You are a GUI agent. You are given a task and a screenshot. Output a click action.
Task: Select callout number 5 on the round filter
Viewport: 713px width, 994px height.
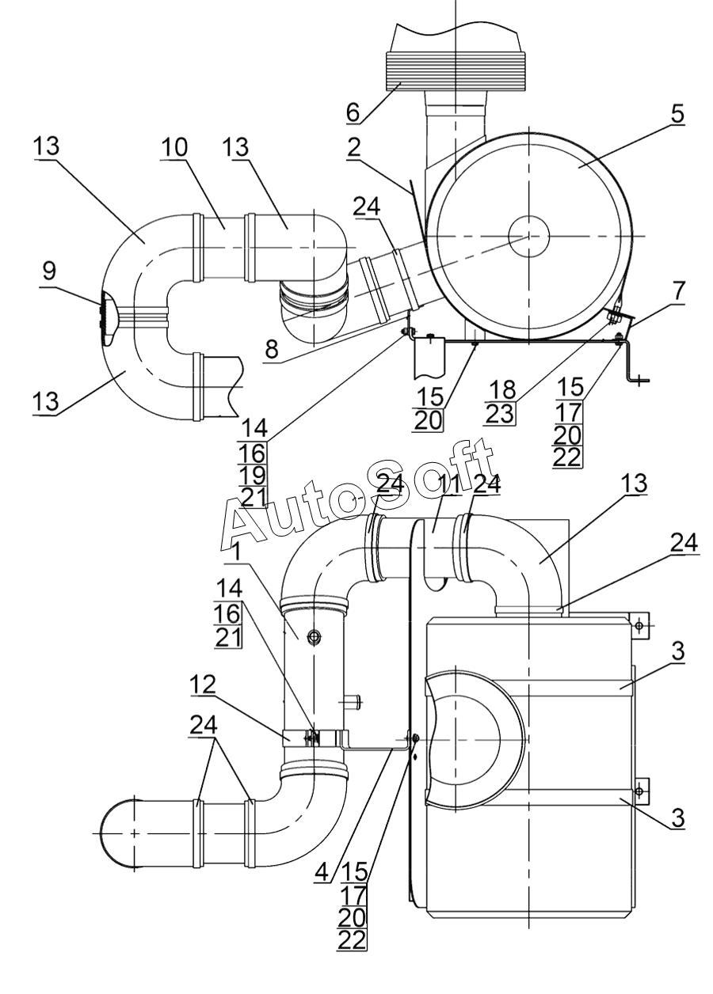[677, 114]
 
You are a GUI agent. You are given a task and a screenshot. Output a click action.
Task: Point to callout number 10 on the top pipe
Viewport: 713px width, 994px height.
[174, 147]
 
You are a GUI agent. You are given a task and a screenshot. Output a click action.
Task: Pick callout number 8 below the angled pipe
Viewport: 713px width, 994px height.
[271, 349]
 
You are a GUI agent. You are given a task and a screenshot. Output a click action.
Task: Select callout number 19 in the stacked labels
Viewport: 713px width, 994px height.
[252, 476]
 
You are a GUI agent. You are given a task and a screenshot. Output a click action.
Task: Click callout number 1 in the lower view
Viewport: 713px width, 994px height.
[237, 552]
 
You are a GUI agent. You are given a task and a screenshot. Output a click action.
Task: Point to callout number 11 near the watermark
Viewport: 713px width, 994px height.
[449, 484]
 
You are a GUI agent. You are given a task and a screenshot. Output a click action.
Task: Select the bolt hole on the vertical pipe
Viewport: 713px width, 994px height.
[314, 637]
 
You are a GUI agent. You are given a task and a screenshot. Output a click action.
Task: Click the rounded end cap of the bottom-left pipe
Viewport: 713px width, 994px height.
[116, 833]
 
